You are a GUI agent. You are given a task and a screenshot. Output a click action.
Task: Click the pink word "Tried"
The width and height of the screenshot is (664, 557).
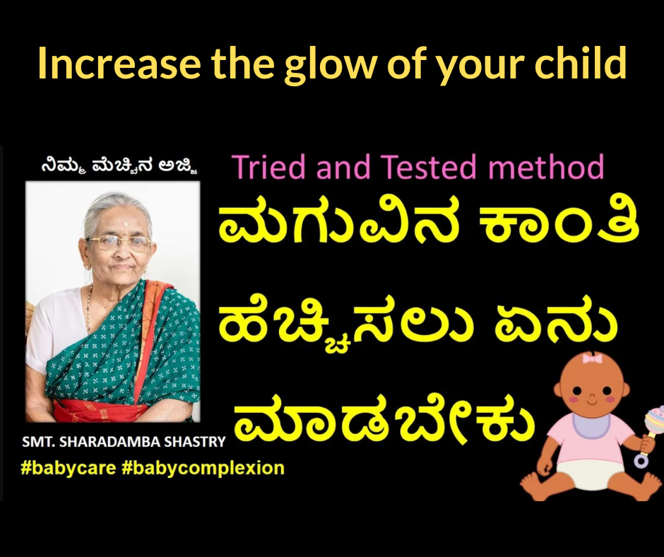tap(269, 167)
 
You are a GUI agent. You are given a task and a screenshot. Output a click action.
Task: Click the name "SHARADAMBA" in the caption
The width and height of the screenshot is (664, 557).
tap(109, 442)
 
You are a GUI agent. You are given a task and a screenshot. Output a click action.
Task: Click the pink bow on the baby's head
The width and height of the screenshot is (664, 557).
tap(593, 359)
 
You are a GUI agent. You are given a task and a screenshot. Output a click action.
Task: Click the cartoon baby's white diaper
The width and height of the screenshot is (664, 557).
tap(589, 474)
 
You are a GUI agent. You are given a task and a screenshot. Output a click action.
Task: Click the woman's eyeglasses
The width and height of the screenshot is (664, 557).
tap(119, 242)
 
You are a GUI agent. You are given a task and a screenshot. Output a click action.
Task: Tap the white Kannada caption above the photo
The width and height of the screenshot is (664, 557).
tap(119, 165)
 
